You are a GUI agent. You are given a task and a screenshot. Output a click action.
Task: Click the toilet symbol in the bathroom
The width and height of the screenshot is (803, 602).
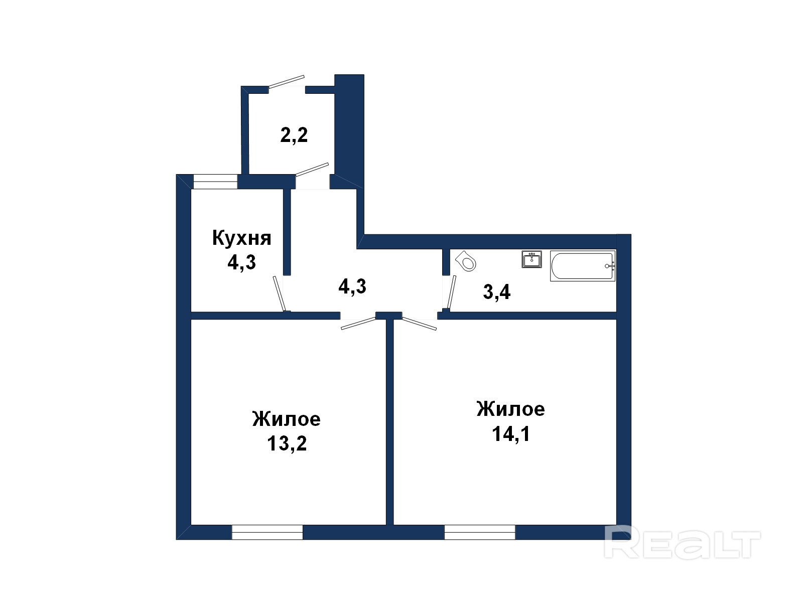tap(465, 260)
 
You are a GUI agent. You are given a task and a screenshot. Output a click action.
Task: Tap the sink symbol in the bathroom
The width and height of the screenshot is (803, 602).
tap(531, 259)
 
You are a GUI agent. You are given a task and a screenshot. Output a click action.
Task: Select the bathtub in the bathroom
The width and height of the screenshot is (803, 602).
tap(583, 266)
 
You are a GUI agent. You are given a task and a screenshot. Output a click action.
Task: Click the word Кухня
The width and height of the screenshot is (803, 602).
tap(242, 239)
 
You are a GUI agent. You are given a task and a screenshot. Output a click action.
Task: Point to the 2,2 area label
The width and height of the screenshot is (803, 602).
tap(294, 135)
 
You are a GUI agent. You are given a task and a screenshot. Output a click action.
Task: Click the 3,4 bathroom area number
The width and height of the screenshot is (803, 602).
tap(497, 292)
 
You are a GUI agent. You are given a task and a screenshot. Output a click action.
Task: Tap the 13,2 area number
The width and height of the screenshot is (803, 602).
tap(287, 444)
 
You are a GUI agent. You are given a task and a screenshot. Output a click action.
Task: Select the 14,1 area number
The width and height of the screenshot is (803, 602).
tap(511, 434)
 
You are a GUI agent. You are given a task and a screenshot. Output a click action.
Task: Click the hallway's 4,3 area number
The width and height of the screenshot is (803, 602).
tap(352, 286)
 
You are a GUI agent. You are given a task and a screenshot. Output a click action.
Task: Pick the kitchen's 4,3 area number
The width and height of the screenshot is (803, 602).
tap(241, 262)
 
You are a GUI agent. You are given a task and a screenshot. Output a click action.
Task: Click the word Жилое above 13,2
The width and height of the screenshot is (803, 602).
tap(287, 419)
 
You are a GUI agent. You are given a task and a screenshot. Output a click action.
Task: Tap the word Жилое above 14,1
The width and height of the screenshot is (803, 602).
tap(511, 409)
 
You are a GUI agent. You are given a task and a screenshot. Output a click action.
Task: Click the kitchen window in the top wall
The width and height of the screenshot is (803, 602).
tap(215, 182)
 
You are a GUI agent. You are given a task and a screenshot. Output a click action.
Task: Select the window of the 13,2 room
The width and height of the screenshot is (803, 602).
tap(267, 532)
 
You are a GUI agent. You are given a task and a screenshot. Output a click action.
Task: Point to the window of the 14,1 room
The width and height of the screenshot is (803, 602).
tap(480, 532)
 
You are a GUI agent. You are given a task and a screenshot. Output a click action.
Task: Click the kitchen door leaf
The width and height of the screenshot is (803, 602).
tap(279, 294)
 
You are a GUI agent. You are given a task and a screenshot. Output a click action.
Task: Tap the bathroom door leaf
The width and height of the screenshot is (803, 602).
tap(452, 292)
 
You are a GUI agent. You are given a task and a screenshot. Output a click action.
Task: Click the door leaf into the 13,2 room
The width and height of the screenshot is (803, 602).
tap(358, 324)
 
